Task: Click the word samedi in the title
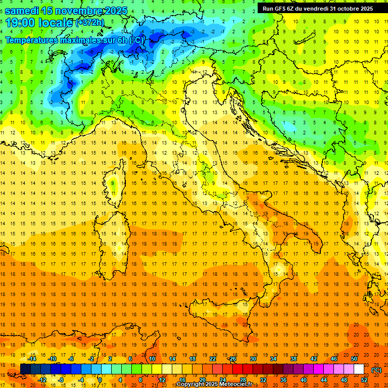(23, 11)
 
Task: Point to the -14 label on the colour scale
(32, 359)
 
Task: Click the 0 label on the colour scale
(100, 380)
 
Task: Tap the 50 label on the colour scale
(354, 359)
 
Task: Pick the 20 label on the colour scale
(202, 380)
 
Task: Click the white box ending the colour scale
(359, 369)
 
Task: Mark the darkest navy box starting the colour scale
(25, 369)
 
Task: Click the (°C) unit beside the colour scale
(376, 370)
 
